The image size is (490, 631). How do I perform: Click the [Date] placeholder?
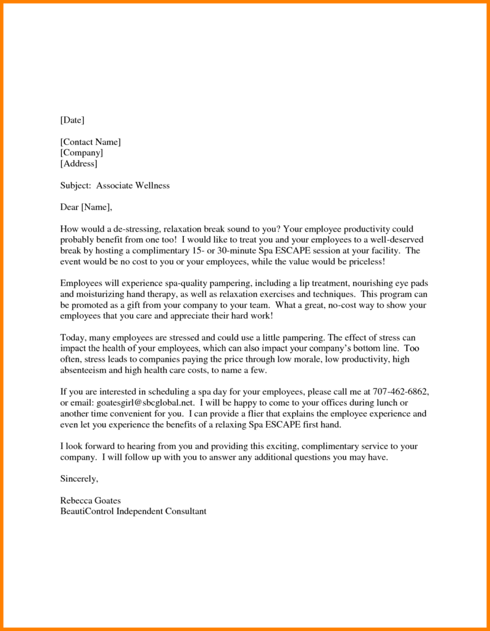pyautogui.click(x=72, y=120)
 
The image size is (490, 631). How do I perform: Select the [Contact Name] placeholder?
pyautogui.click(x=90, y=142)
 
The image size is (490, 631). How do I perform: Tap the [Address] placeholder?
pyautogui.click(x=78, y=164)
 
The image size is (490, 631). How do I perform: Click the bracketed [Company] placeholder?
pyautogui.click(x=81, y=153)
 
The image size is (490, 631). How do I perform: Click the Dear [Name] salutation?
pyautogui.click(x=86, y=207)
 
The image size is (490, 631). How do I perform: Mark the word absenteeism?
pyautogui.click(x=85, y=370)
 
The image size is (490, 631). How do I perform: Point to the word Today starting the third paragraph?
pyautogui.click(x=73, y=338)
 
